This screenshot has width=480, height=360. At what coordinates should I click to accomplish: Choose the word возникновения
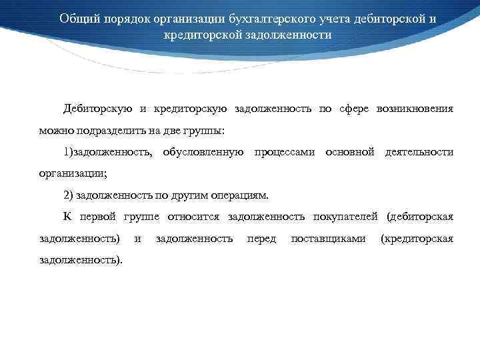[415, 109]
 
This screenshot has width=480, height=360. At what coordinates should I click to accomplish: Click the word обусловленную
[202, 153]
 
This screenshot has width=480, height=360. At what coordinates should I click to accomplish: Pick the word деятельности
[419, 153]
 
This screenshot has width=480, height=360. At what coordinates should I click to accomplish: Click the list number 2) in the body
[69, 195]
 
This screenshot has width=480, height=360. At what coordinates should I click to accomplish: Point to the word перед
[261, 238]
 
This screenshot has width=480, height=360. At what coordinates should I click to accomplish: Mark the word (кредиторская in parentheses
[416, 238]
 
